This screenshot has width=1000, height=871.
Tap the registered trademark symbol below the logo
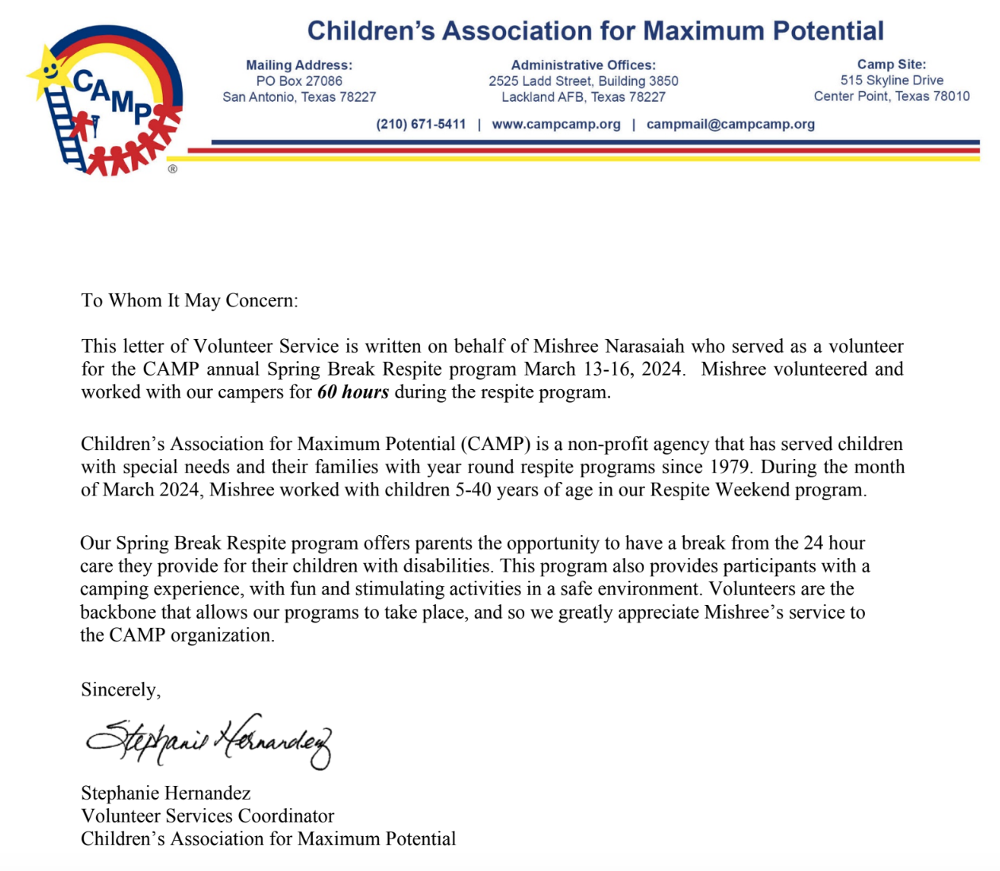[172, 169]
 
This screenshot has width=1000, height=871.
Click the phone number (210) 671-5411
[421, 124]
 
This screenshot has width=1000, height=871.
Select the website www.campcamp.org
[556, 124]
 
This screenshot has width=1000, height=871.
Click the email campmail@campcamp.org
[730, 124]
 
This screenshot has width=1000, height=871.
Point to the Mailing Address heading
[299, 65]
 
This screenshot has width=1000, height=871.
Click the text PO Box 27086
[299, 81]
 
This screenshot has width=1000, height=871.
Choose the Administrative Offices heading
[583, 65]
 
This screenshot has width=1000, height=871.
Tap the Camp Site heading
[891, 64]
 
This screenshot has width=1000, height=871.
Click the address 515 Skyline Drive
[891, 80]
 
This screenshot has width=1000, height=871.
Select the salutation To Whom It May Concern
[189, 300]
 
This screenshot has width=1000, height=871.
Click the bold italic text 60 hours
[353, 392]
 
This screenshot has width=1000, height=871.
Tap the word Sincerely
[120, 689]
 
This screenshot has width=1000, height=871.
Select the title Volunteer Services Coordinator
[207, 815]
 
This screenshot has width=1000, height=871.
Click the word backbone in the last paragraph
[118, 612]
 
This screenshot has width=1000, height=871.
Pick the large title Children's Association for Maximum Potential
[595, 31]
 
